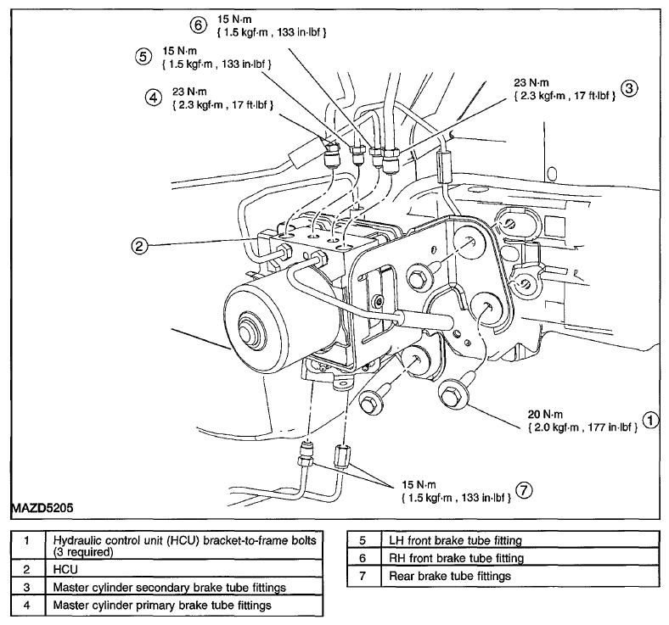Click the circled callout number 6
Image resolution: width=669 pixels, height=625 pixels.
(198, 25)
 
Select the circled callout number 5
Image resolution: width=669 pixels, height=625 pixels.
(143, 57)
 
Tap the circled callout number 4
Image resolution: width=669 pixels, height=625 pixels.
(153, 98)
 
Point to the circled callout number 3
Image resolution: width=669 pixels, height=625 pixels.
(629, 88)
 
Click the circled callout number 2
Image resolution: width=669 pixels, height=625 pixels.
(139, 246)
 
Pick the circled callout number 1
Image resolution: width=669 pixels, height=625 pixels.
(650, 421)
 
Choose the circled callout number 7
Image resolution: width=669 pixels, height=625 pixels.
(524, 491)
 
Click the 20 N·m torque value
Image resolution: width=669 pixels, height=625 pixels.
(545, 414)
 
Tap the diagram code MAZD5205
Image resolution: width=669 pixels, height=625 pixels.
(42, 508)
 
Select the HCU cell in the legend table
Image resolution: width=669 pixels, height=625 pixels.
(65, 570)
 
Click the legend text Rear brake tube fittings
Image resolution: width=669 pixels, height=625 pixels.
(450, 577)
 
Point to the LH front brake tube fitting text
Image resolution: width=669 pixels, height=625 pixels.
(455, 541)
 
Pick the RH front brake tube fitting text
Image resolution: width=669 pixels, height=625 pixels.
(456, 558)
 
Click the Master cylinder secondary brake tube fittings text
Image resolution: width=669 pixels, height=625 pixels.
(170, 588)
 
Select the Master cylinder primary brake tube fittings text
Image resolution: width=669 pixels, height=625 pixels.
(162, 605)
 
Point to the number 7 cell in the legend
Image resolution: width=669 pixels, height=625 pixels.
(363, 577)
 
